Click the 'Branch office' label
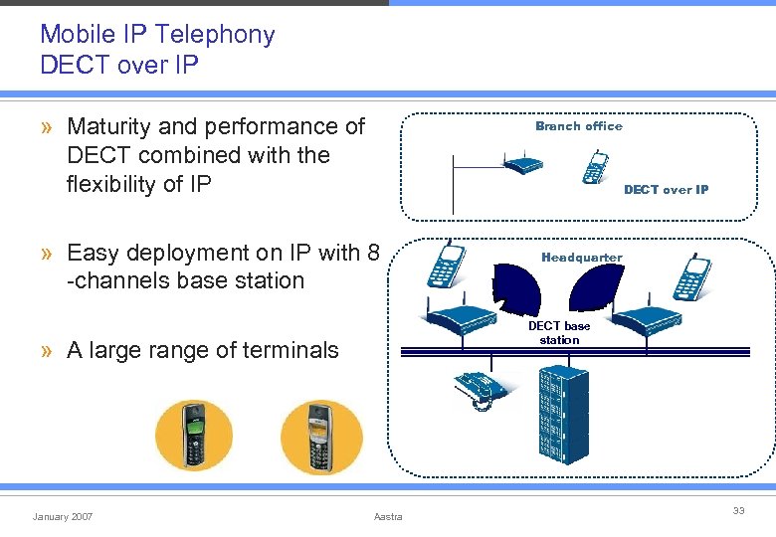[x=578, y=126]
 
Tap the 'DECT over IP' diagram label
[x=666, y=189]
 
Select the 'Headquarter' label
[x=582, y=258]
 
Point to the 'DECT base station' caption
[x=559, y=333]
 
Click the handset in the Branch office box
[x=596, y=167]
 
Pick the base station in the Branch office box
[x=523, y=164]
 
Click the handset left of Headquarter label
[x=445, y=265]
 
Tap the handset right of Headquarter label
[x=690, y=278]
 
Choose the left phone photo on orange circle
[x=194, y=436]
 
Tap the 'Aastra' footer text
[x=388, y=516]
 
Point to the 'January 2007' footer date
[x=63, y=516]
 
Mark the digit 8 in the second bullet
[x=373, y=253]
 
